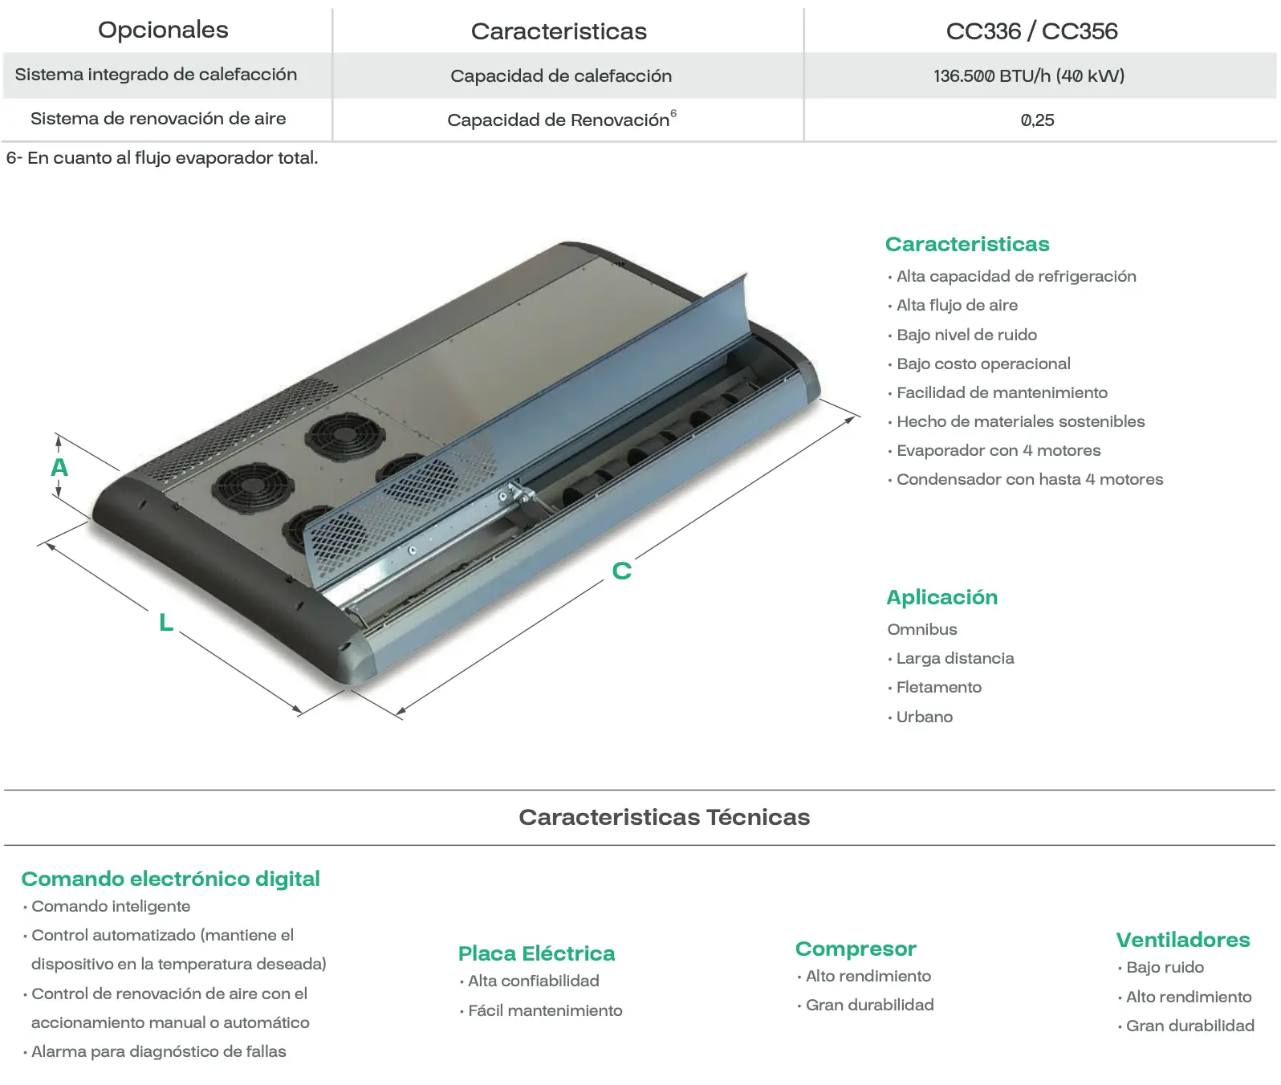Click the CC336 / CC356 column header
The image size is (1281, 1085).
pos(1031,31)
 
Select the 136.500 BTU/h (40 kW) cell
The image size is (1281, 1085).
pos(1029,76)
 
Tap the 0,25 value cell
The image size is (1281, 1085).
pos(1037,120)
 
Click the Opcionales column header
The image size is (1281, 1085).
pos(163,30)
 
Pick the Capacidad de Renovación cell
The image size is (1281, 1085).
pos(561,120)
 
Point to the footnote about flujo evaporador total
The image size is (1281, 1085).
pos(162,158)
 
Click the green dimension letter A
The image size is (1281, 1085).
pos(59,467)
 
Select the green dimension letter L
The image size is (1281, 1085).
pos(166,622)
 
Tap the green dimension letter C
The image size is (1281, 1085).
pos(622,571)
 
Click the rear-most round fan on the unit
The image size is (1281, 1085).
pos(345,436)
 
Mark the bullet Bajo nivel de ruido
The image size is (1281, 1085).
pos(962,335)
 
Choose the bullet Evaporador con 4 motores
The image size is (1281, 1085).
pos(994,450)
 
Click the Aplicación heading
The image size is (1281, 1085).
pos(942,597)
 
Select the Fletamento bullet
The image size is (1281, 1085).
pos(935,687)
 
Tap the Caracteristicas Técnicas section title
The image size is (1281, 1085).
pos(665,817)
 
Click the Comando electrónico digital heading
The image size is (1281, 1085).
pos(171,879)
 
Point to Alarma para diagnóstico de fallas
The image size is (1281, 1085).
pos(155,1051)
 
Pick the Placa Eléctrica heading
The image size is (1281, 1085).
pos(536,953)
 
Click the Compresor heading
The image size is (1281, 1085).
pos(856,949)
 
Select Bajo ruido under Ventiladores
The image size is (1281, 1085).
pos(1161,967)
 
